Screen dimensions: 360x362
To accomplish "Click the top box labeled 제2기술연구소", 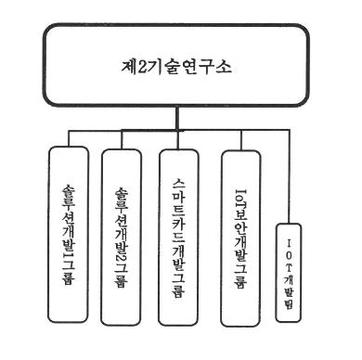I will (181, 66).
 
